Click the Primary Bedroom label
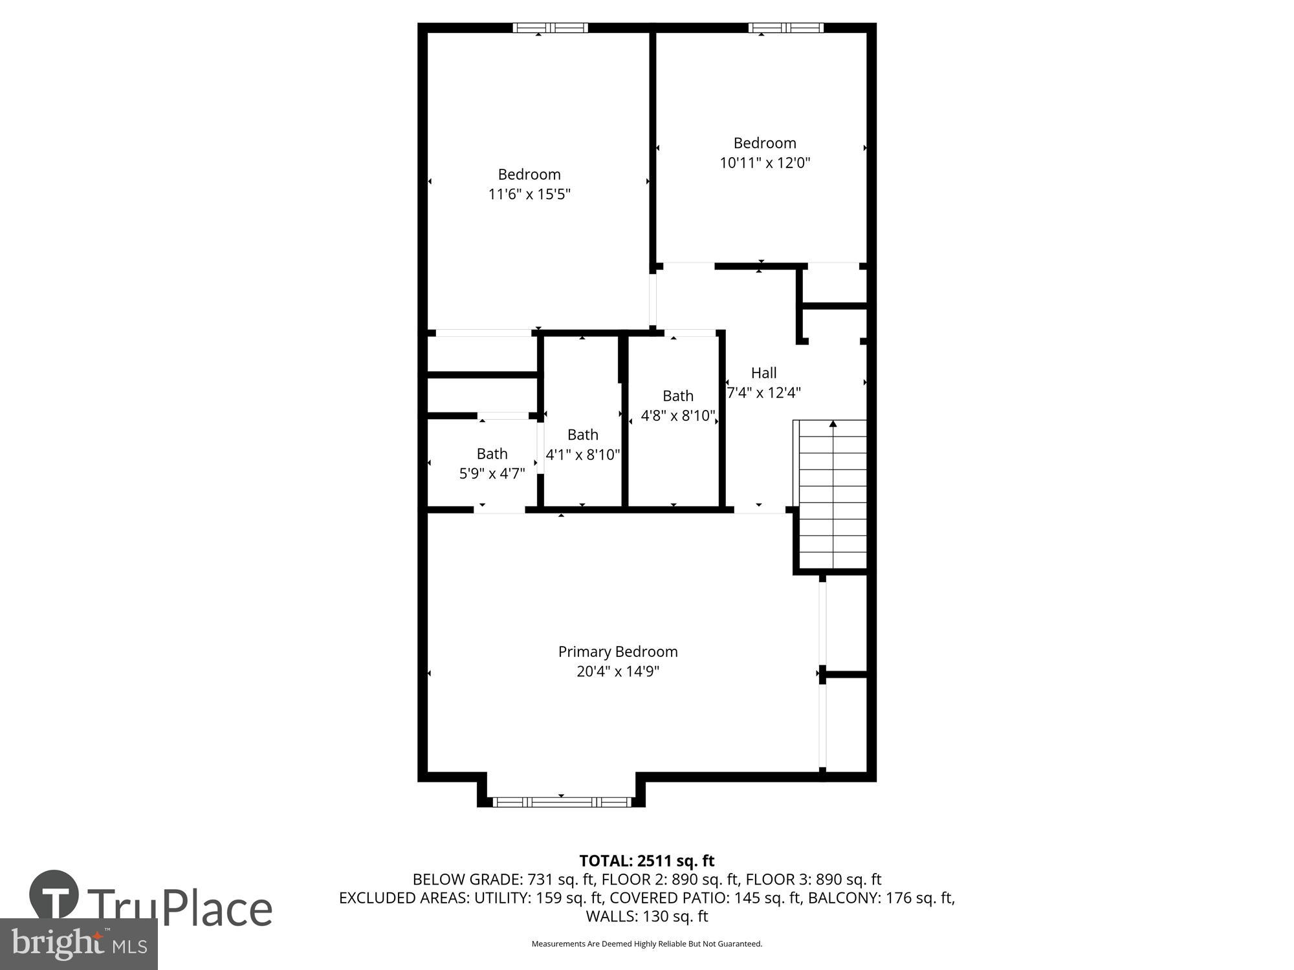coord(618,651)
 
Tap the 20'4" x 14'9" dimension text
coord(618,671)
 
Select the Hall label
coord(763,372)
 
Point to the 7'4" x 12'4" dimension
coord(764,393)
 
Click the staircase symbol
coord(833,495)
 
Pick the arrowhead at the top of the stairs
coord(833,424)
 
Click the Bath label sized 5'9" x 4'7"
coord(492,453)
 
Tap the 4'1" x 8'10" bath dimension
coord(583,455)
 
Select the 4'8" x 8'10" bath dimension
coord(677,415)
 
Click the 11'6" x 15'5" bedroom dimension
coord(529,194)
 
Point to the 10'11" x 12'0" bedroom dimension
coord(765,162)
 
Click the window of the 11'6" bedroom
coord(551,28)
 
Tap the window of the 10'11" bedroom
coord(786,28)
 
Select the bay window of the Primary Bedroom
coord(561,802)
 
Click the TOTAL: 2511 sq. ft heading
coord(646,861)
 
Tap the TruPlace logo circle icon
coord(54,896)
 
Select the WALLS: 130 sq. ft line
coord(646,916)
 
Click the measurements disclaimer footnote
coord(646,944)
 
